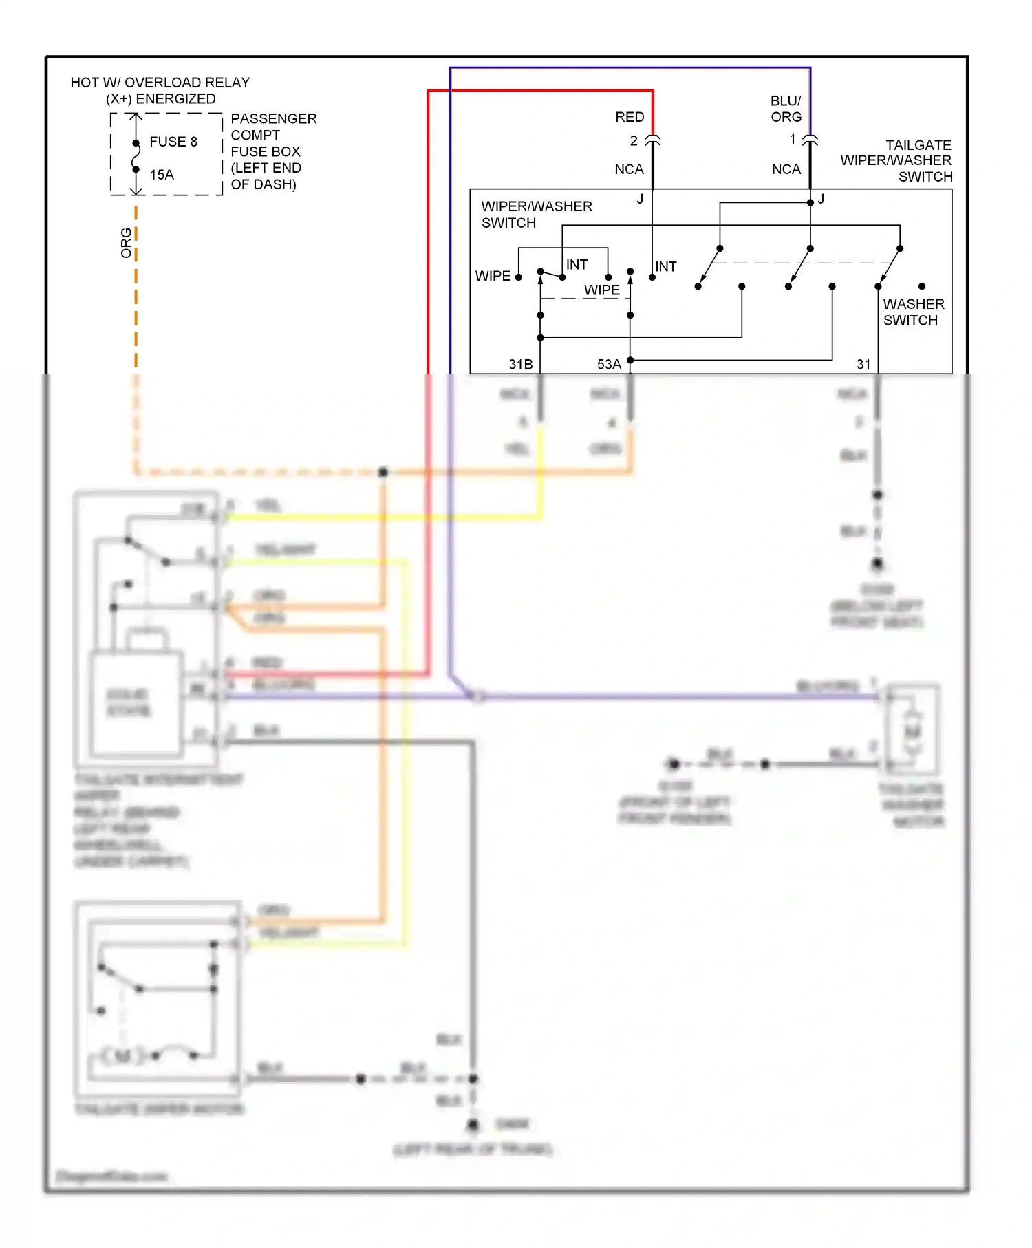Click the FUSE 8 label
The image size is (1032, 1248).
[x=173, y=142]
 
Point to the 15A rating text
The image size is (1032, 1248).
[x=162, y=175]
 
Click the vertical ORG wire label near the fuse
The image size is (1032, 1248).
[x=126, y=243]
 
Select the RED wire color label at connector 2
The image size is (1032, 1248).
[x=630, y=117]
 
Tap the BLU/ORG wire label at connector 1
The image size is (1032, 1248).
[x=786, y=109]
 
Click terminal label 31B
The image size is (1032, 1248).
[x=521, y=364]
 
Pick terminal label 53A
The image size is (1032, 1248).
[x=609, y=364]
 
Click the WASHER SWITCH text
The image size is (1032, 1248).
[x=913, y=312]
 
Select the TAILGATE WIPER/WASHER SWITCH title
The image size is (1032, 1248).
[x=896, y=160]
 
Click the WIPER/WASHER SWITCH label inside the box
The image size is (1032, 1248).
[x=536, y=214]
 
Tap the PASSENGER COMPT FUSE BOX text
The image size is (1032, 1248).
[x=273, y=151]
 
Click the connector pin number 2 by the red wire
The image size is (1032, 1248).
[x=634, y=141]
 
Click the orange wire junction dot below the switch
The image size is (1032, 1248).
[x=383, y=472]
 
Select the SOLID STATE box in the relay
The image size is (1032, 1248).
[x=129, y=702]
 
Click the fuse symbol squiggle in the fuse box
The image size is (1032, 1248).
[x=136, y=156]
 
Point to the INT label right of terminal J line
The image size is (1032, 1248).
[x=665, y=266]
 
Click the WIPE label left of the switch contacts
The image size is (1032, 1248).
[x=493, y=276]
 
